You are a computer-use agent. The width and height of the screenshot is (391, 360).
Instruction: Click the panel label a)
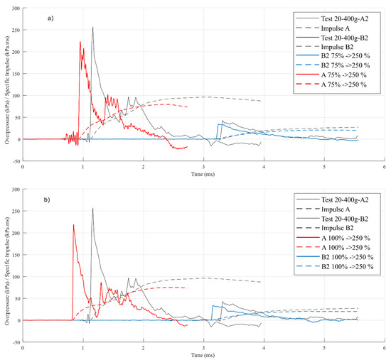coord(50,18)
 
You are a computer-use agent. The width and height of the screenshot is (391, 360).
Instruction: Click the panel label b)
coord(47,200)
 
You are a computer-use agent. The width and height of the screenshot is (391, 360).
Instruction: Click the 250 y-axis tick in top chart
coord(16,30)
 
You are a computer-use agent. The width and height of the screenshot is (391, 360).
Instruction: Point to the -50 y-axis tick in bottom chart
coord(16,342)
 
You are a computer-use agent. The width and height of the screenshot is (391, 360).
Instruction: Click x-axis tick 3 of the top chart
coord(204,167)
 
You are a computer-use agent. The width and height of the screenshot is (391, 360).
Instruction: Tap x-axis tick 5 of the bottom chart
coord(324,348)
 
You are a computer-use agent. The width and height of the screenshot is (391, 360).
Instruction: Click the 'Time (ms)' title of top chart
coord(203,174)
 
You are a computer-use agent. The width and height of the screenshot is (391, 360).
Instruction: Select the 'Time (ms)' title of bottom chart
coord(203,355)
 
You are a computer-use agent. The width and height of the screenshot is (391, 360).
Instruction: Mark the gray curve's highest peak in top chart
coord(92,27)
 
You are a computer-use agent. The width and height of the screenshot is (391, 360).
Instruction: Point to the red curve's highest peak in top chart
coord(80,42)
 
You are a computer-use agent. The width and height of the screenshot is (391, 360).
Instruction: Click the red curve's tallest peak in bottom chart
coord(73,224)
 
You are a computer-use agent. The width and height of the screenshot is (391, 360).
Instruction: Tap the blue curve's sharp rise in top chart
coord(218,131)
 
